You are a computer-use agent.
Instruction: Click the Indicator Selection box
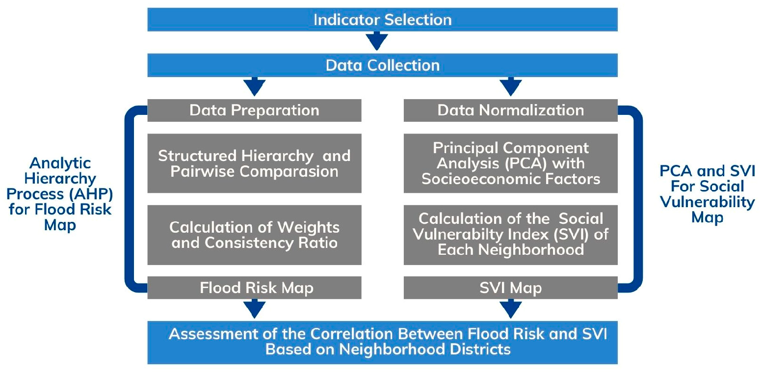(382, 20)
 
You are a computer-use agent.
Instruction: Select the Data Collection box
(382, 65)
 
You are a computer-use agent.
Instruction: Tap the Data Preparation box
(254, 110)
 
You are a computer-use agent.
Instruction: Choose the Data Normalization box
(511, 110)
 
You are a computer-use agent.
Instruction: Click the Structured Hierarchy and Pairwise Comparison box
(254, 163)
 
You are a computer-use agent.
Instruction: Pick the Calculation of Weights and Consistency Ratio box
(254, 235)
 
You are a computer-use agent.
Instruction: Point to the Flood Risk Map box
(254, 288)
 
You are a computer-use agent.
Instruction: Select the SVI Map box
(511, 288)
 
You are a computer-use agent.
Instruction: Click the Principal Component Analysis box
(511, 163)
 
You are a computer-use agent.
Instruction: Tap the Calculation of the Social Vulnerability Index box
(511, 235)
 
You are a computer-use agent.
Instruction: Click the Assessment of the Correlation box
(382, 342)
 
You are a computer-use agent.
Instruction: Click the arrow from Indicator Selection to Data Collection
(377, 41)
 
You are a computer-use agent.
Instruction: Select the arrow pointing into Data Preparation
(255, 86)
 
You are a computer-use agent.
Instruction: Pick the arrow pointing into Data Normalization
(511, 86)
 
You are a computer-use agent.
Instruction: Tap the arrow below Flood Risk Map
(255, 309)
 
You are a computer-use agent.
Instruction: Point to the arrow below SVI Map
(511, 309)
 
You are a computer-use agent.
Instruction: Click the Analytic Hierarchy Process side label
(60, 194)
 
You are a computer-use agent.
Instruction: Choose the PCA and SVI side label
(707, 194)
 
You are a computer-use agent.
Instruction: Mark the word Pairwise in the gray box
(203, 171)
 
